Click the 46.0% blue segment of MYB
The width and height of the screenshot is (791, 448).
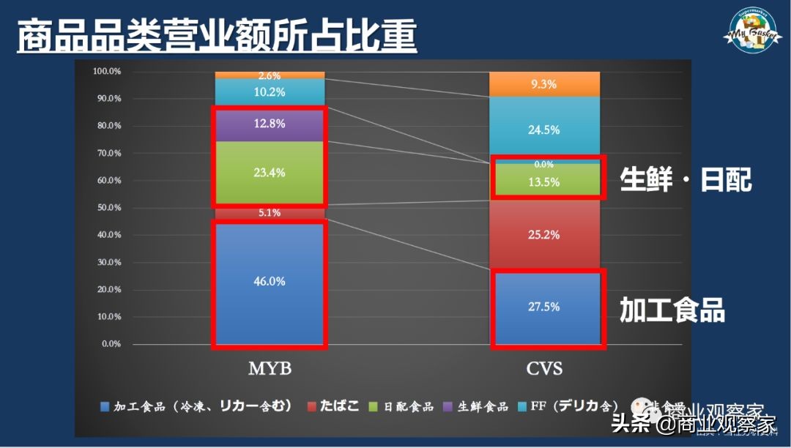coord(270,282)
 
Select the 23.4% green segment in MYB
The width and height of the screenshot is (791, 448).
coord(270,173)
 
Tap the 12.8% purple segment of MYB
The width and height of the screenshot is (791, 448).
coord(270,124)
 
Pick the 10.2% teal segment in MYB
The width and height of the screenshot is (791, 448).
coord(270,93)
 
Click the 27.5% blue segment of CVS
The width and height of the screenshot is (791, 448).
coord(545,307)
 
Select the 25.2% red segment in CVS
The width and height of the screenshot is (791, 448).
coord(545,235)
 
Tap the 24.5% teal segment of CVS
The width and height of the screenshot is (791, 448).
coord(545,130)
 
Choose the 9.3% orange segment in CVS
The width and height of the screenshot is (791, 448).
coord(545,84)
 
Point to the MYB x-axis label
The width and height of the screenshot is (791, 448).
coord(270,369)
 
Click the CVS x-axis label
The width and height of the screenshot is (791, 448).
coord(545,369)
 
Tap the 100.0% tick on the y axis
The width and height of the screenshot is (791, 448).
coord(107,71)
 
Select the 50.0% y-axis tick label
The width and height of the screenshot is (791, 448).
coord(107,208)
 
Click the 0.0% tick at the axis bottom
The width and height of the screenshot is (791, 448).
coord(109,344)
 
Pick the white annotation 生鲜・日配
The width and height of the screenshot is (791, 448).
coord(686,179)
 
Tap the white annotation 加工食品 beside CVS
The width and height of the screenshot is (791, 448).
coord(672,310)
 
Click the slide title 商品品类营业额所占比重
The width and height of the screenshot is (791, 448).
coord(217,36)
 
